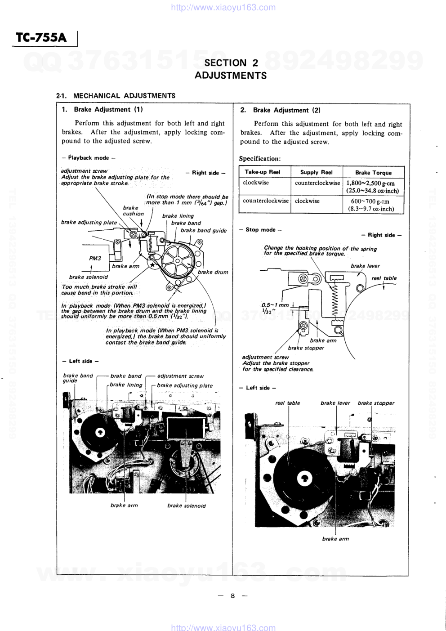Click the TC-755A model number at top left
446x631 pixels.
pos(41,38)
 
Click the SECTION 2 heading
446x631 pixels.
pos(231,63)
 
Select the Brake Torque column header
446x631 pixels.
pos(373,173)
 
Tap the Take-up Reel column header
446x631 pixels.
pos(263,172)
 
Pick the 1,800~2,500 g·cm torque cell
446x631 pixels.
pos(373,187)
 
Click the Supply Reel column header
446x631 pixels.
pos(317,172)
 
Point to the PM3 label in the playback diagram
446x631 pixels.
pos(95,258)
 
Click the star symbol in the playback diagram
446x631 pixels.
pos(152,264)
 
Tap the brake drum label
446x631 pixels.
pos(213,272)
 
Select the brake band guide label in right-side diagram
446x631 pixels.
pos(204,230)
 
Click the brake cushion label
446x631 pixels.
pos(133,211)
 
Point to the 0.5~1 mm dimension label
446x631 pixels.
pos(275,305)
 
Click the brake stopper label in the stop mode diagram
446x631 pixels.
pos(306,348)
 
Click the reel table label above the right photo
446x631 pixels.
pos(287,403)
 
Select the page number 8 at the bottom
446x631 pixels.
pos(232,596)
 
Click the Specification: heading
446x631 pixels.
pos(260,159)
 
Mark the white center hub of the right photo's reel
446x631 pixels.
pos(304,478)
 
